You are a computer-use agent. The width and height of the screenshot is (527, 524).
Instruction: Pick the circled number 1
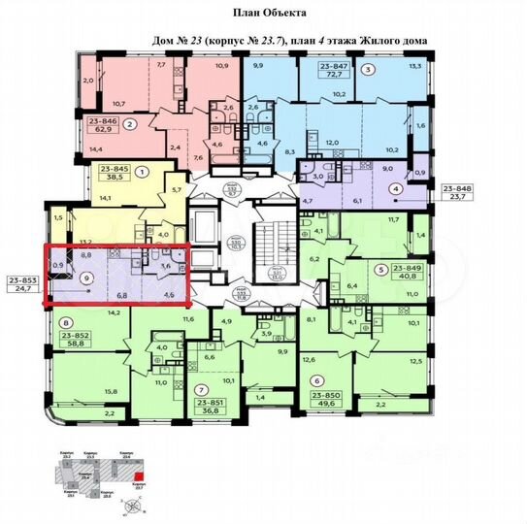click(x=144, y=171)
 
